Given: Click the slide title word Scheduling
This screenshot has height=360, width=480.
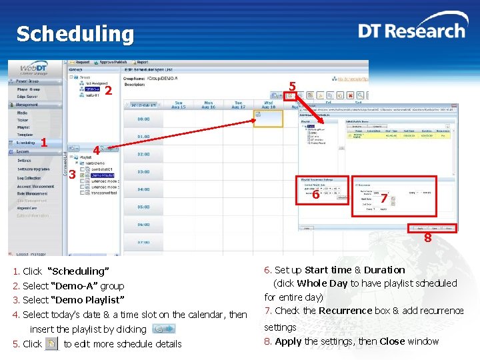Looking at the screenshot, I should tap(75, 33).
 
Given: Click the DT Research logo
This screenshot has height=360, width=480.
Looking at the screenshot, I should tap(411, 31).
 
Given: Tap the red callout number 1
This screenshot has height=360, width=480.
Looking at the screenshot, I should tap(44, 142).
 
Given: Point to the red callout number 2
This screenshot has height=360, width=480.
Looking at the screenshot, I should tap(107, 90).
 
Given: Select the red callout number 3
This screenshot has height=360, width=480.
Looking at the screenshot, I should tap(71, 175).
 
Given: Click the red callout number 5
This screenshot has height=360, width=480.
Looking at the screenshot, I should tap(291, 85).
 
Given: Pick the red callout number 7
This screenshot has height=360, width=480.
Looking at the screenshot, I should tap(384, 199).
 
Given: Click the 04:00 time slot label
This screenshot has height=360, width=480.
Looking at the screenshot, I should tap(143, 189).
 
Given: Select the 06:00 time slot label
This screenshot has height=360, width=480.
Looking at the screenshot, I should tap(143, 224).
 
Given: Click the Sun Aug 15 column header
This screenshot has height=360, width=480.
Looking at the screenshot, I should tap(179, 105).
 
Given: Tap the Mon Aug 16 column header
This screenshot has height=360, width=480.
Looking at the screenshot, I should tap(209, 105).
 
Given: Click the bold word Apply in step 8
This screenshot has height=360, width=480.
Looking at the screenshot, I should tap(288, 341).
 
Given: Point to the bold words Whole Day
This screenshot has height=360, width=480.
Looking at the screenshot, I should tap(322, 283).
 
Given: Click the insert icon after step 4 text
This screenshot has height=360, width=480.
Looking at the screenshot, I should tap(163, 329).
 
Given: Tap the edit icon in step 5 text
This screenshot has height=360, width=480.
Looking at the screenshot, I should tap(51, 343).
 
